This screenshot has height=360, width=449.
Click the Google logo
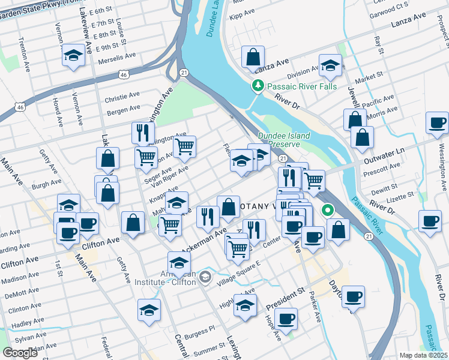tap(20, 352)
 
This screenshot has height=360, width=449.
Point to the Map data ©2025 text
tap(424, 355)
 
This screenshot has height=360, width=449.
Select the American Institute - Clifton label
tap(170, 277)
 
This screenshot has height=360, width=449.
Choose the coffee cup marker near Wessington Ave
tap(436, 123)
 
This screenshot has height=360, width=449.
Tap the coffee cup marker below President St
tap(286, 319)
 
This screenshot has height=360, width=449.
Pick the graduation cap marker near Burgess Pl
tap(149, 310)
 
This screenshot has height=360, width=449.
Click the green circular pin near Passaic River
tap(328, 211)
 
